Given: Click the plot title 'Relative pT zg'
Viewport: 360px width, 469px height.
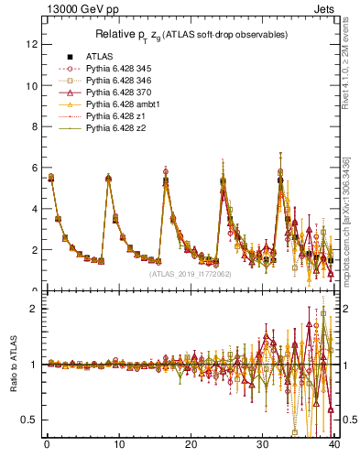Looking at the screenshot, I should (x=191, y=35).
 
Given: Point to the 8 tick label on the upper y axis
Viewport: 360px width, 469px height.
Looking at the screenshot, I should (x=33, y=126).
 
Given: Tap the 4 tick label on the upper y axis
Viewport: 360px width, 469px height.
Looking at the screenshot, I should (x=33, y=209).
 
